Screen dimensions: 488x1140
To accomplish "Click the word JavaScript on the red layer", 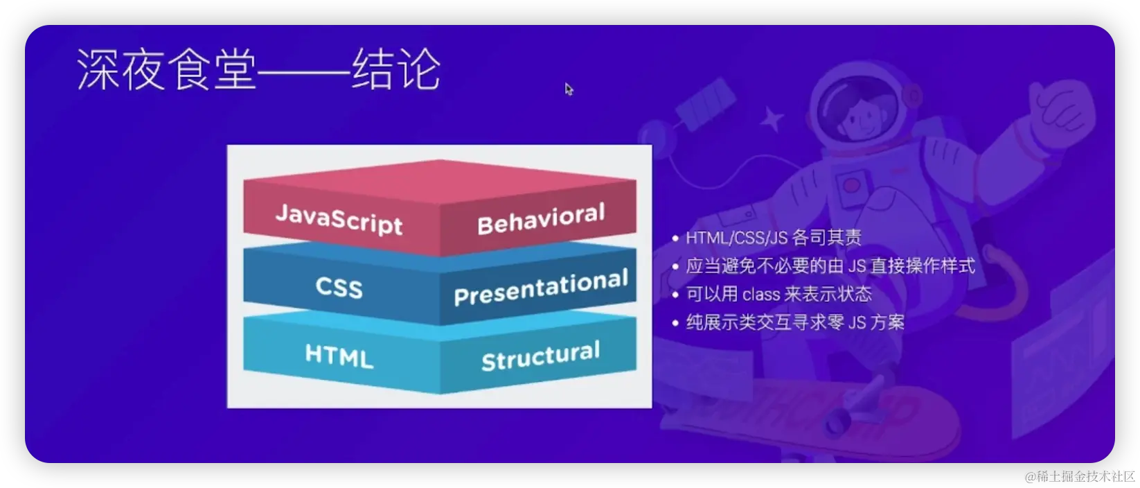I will tap(339, 219).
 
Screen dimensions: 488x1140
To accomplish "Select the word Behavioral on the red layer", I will tap(540, 219).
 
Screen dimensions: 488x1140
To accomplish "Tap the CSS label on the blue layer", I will tap(339, 287).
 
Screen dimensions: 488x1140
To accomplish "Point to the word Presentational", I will tap(540, 287).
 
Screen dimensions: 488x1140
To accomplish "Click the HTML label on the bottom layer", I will tap(339, 356).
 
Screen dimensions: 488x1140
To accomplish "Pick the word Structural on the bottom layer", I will tap(540, 356).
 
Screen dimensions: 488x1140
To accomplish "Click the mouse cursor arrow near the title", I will tap(569, 89).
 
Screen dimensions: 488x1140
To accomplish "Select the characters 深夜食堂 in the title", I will tap(166, 69).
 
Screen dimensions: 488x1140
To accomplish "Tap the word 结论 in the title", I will tap(396, 69).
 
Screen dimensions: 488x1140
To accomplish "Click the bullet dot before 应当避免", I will tap(675, 267).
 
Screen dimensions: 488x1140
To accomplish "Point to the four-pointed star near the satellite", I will tap(771, 121).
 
